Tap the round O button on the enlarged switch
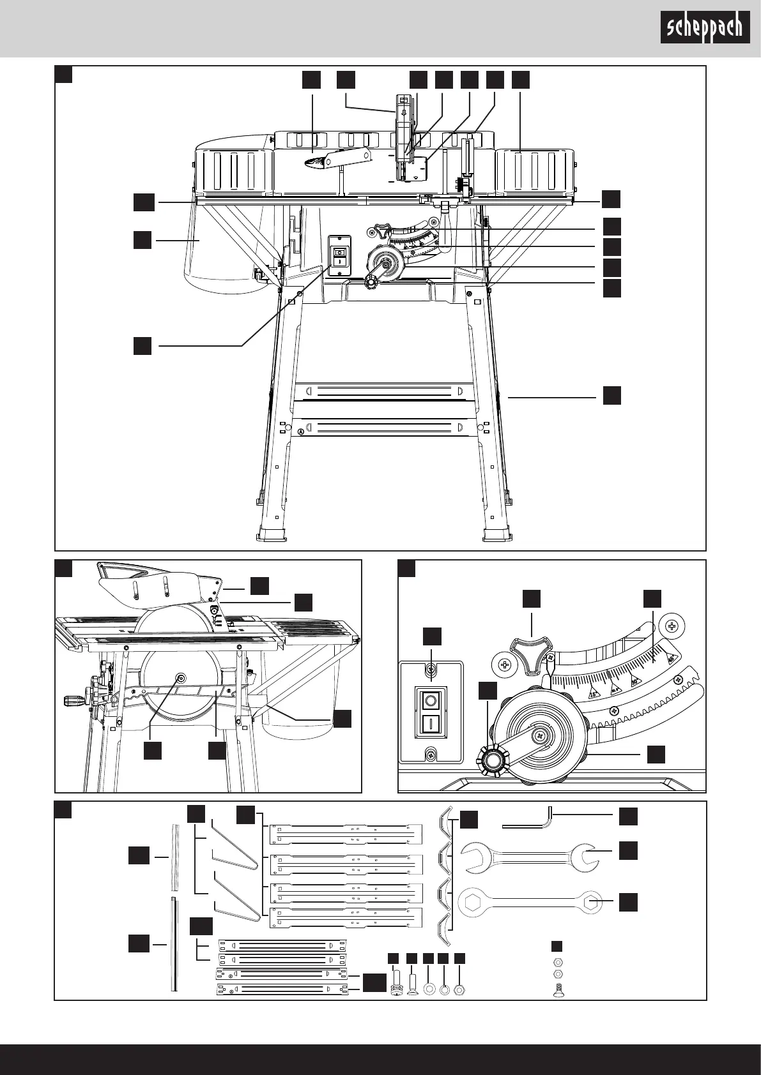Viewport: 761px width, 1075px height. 431,701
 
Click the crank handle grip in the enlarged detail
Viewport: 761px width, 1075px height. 492,760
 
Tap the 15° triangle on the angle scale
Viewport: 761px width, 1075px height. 593,693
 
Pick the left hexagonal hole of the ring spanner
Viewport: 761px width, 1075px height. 472,902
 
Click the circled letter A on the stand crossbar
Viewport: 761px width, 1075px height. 300,432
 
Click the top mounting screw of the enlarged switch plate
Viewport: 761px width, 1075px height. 431,669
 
